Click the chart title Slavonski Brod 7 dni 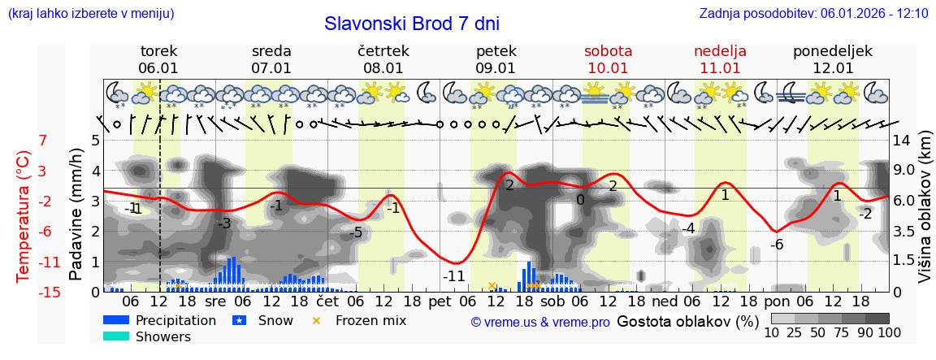(x=412, y=24)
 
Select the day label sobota (x=608, y=51)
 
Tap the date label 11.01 (x=720, y=68)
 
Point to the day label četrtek (x=383, y=51)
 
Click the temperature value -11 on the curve (x=454, y=275)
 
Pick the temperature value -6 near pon (x=776, y=244)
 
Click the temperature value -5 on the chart (x=356, y=233)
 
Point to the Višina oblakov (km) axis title (x=925, y=216)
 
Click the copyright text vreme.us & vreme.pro (x=539, y=322)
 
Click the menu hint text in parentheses (x=90, y=14)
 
